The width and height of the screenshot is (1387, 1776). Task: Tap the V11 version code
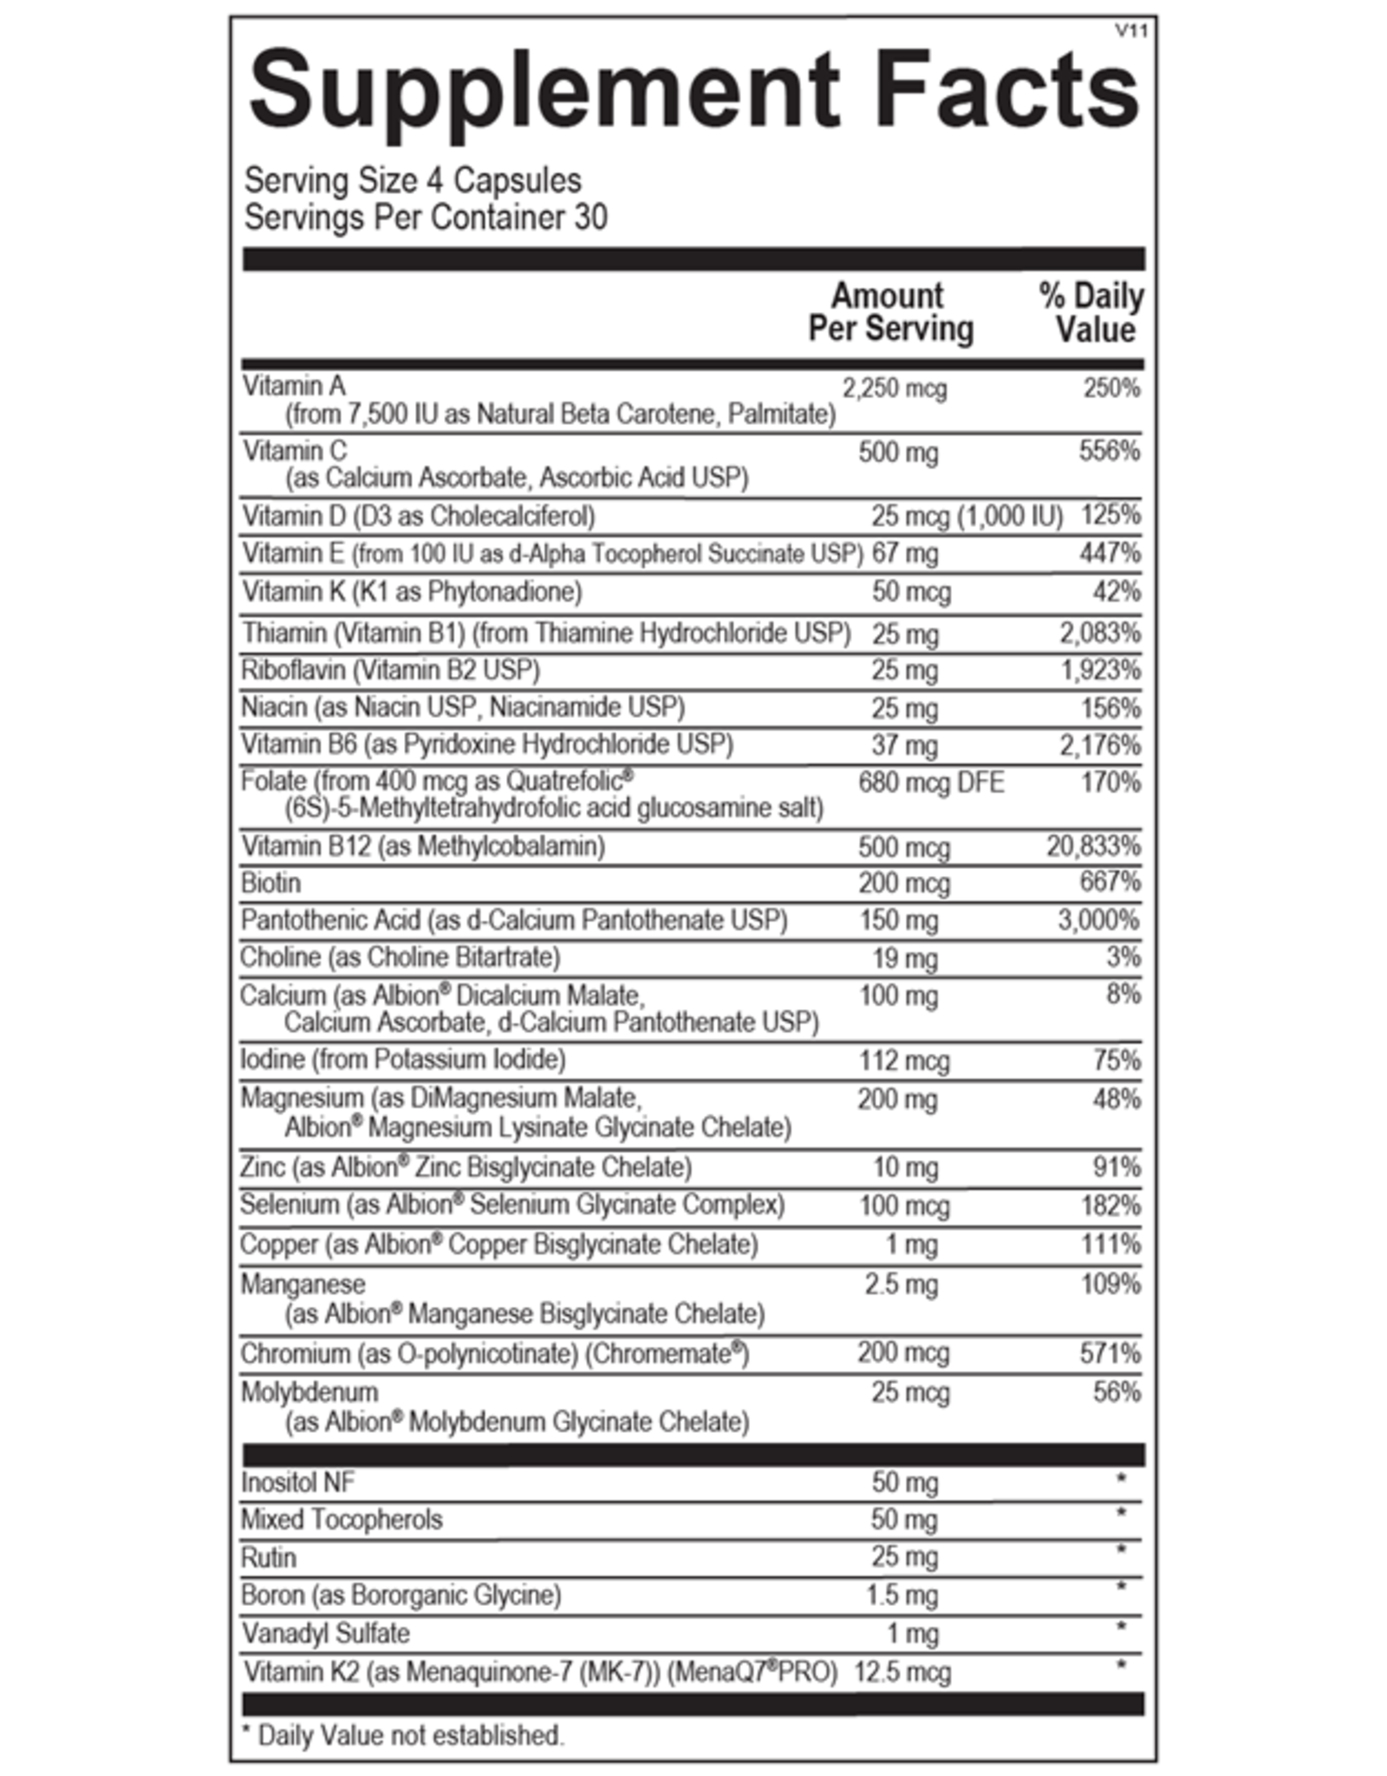(x=1131, y=31)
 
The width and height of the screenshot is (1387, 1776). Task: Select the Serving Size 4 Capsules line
(x=413, y=180)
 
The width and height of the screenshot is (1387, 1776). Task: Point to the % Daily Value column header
(x=1091, y=312)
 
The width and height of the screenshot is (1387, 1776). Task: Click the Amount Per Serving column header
(x=890, y=312)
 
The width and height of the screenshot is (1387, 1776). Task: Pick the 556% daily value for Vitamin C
(x=1110, y=451)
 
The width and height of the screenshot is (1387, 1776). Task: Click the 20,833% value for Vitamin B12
(x=1093, y=846)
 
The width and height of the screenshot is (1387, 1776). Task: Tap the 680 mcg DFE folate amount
(x=930, y=783)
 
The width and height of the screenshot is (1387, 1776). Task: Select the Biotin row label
(x=271, y=883)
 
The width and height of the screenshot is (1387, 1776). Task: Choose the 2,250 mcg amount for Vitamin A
(x=895, y=388)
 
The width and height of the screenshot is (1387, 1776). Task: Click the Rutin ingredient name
(x=269, y=1557)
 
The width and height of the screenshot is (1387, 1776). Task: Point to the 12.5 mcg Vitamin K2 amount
(x=902, y=1672)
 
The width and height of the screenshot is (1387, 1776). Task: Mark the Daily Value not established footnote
(x=404, y=1735)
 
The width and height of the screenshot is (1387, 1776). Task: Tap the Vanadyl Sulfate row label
(x=325, y=1634)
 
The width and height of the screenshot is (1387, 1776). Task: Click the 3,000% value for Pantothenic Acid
(x=1099, y=920)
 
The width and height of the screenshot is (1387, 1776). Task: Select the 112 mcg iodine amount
(x=904, y=1061)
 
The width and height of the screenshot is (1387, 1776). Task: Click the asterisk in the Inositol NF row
(x=1122, y=1479)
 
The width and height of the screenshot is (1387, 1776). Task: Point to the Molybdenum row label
(x=309, y=1392)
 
